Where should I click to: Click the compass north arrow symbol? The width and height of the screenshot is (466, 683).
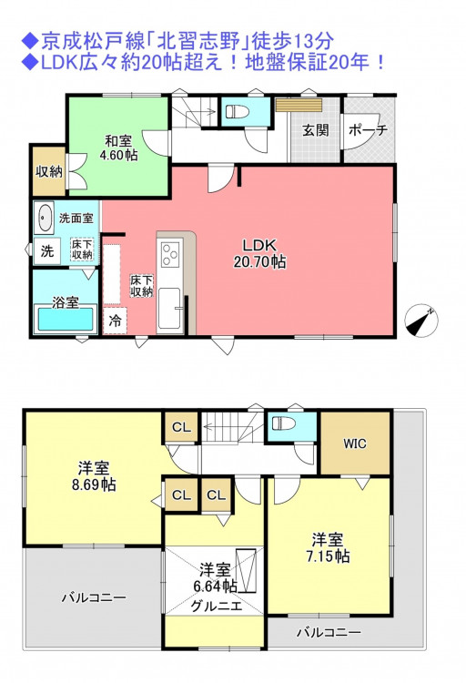tap(421, 321)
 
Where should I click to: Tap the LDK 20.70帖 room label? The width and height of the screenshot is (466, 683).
tap(259, 253)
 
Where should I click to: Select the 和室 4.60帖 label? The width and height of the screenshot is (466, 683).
tap(118, 148)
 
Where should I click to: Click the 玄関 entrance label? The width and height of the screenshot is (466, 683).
tap(316, 130)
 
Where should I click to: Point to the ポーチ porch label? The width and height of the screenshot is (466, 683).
tap(368, 130)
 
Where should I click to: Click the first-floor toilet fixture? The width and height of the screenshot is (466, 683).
tap(238, 111)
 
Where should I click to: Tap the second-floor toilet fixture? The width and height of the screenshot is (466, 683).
tap(284, 423)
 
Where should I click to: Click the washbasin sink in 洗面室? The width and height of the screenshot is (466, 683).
tap(44, 217)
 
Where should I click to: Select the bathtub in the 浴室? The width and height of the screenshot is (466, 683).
tap(66, 319)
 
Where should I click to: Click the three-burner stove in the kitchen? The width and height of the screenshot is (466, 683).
tap(170, 253)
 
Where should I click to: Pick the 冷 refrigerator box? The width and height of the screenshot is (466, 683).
tap(115, 321)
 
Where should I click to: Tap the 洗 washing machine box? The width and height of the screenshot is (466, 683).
tap(47, 251)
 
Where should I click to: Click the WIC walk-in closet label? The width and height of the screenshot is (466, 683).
tap(355, 443)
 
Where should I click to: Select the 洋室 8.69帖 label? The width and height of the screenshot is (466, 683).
tap(94, 476)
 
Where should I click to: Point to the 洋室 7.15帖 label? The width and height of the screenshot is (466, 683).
tap(328, 547)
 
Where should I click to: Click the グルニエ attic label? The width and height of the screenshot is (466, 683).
tap(217, 606)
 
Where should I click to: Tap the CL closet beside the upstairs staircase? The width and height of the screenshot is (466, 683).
tap(182, 427)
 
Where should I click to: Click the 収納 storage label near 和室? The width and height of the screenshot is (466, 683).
tap(49, 171)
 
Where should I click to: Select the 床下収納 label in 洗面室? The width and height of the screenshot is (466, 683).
tap(82, 249)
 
